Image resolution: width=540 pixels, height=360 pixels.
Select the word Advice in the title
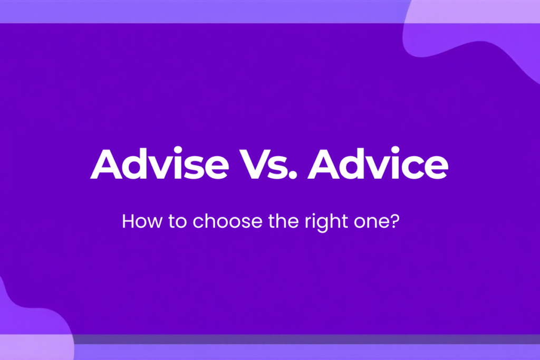pyautogui.click(x=378, y=164)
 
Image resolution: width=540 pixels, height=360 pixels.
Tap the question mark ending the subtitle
pyautogui.click(x=393, y=221)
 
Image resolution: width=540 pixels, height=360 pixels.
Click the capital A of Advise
pyautogui.click(x=105, y=164)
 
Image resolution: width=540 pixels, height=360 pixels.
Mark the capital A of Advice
pyautogui.click(x=324, y=164)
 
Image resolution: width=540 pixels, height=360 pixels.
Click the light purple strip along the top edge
pyautogui.click(x=211, y=11)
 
